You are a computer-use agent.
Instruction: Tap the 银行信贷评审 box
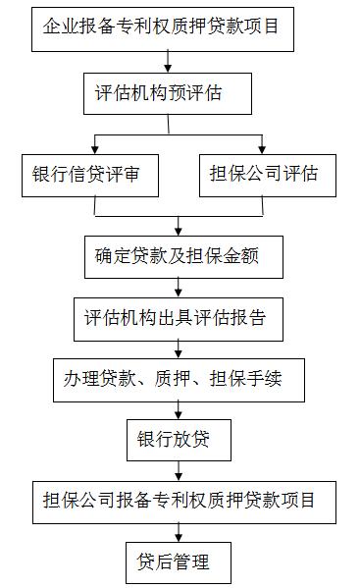(x=94, y=175)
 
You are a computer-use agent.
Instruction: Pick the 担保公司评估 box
(x=263, y=175)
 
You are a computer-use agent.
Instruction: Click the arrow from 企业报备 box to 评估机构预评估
(x=170, y=61)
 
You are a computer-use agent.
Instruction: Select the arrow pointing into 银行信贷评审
(x=94, y=144)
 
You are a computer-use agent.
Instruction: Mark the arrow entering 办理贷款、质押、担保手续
(x=178, y=348)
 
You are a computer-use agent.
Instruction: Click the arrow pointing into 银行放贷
(x=178, y=410)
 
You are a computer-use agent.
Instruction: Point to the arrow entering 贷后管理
(x=178, y=532)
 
